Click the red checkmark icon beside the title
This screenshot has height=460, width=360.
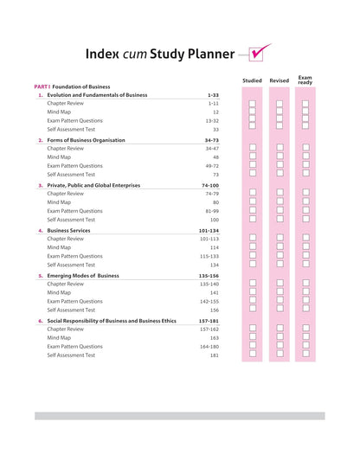point(260,54)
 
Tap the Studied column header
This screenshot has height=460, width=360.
point(252,80)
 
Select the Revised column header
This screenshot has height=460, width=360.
point(280,80)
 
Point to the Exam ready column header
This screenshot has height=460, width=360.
point(306,79)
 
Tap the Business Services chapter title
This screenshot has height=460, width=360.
point(70,231)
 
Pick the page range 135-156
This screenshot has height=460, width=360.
point(209,275)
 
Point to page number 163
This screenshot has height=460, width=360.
point(214,337)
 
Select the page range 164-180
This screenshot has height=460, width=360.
point(209,346)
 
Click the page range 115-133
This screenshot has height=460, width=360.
point(209,256)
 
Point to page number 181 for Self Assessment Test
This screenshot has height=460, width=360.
point(214,355)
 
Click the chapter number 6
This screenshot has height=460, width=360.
point(41,321)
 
